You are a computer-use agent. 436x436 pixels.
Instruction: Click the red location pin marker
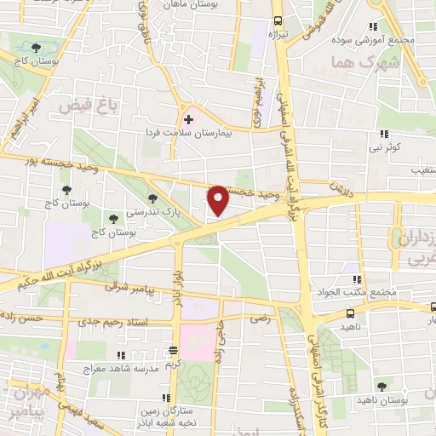point(219,200)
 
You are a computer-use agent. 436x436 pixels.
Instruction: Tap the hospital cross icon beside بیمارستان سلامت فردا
point(188,119)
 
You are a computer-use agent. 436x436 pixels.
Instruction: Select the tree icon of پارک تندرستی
point(154,198)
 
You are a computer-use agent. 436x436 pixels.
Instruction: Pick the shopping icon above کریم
point(173,350)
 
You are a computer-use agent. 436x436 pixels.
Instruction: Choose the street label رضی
point(256,316)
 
